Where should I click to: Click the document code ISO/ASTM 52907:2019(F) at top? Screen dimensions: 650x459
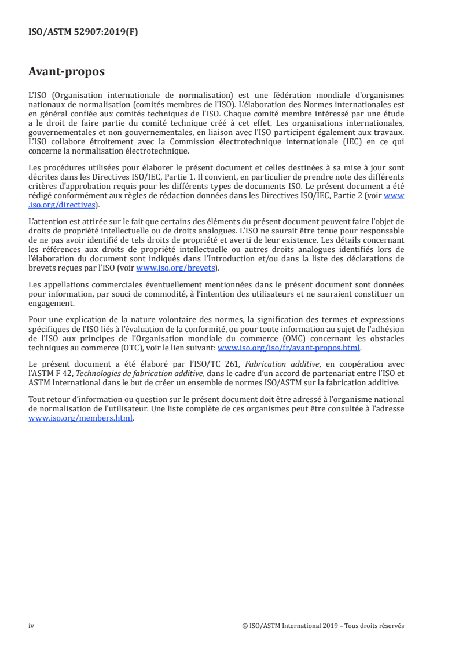click(x=83, y=32)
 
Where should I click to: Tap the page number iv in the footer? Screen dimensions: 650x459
click(x=31, y=626)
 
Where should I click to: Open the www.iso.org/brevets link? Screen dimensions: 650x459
click(x=173, y=268)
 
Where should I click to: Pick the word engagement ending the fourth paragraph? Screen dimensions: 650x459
click(x=52, y=302)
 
